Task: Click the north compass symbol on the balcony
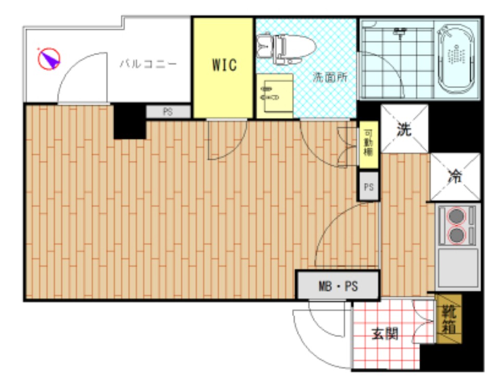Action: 49,58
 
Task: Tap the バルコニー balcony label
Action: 148,64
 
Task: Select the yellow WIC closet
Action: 224,65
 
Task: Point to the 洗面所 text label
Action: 330,78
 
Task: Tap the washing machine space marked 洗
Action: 404,129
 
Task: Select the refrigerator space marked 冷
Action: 455,177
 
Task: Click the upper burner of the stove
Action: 457,216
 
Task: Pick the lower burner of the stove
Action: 457,235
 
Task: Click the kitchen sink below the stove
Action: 457,267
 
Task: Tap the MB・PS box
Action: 338,286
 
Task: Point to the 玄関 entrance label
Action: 385,334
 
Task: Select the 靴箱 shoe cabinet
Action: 448,320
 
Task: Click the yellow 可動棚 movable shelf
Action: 368,144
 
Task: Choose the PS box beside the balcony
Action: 168,112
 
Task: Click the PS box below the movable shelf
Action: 369,187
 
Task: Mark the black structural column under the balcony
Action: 129,121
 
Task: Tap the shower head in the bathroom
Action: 399,34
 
